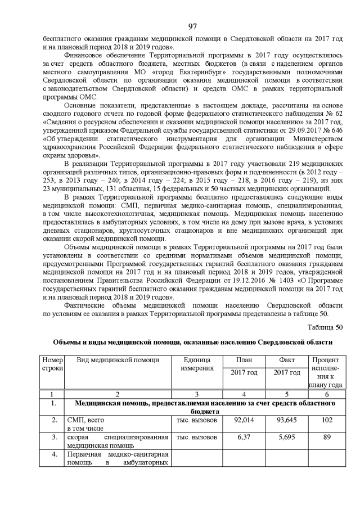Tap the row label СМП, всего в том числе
tap(87, 424)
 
